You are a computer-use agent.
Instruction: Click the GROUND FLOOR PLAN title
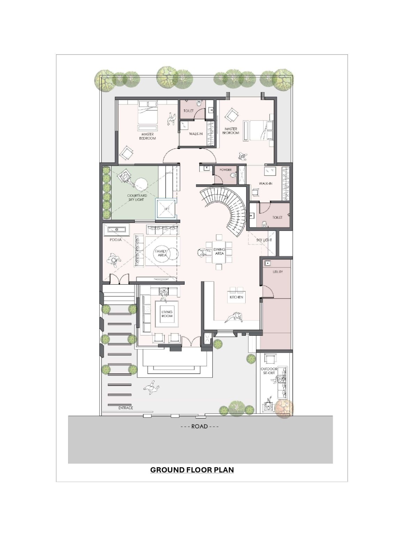(192, 470)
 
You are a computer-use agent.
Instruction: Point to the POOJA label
(116, 240)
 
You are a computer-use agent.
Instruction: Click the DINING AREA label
(219, 251)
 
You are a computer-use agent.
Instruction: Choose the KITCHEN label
(236, 297)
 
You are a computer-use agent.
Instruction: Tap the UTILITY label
(278, 272)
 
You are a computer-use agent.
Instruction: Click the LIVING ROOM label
(167, 314)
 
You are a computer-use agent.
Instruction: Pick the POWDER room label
(225, 170)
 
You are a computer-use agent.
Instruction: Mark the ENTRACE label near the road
(126, 408)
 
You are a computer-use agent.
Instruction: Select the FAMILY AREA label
(161, 253)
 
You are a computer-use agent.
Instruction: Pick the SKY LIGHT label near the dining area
(264, 240)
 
